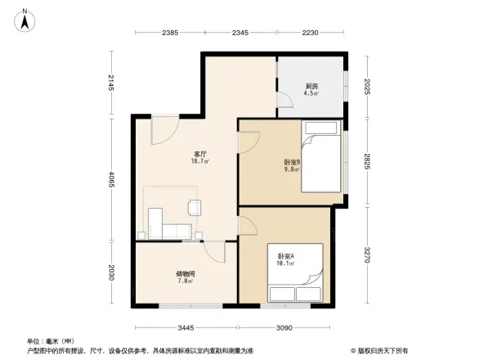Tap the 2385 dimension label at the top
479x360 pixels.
coord(170,33)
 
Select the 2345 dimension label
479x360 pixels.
coord(240,33)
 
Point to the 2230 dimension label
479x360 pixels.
coord(311,33)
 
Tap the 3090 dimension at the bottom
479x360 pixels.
coord(283,327)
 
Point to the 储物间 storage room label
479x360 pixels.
coord(186,277)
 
